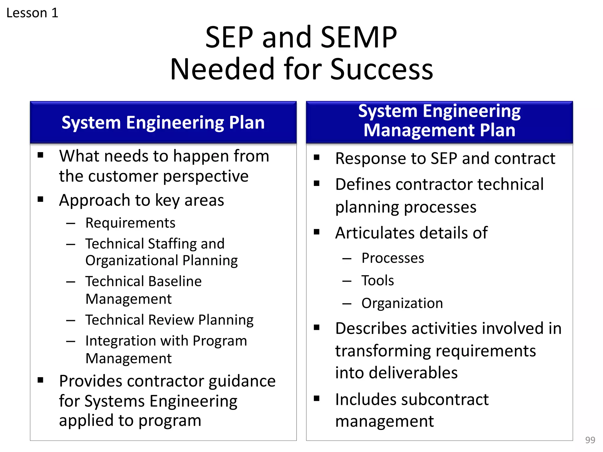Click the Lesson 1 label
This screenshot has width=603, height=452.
click(32, 13)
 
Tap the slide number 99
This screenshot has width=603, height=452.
click(590, 440)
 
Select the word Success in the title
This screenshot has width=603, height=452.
click(382, 69)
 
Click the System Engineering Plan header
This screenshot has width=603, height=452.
click(163, 122)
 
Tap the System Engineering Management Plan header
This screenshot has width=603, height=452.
click(439, 121)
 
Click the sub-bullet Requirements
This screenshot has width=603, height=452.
click(130, 223)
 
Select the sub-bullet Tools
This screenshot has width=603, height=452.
click(377, 280)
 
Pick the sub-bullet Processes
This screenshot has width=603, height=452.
click(393, 258)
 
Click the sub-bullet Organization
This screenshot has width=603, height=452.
click(402, 303)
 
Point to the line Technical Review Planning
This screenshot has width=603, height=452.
click(169, 320)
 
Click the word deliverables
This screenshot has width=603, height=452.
click(413, 373)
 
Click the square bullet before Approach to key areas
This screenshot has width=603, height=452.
click(41, 199)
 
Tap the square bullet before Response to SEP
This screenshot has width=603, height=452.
click(317, 157)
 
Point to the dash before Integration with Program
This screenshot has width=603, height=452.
click(71, 341)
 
